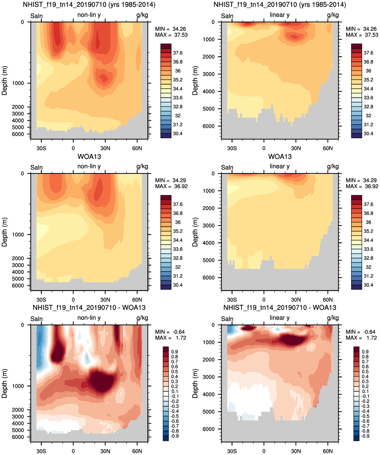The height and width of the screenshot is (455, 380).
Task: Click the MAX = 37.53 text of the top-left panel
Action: click(171, 35)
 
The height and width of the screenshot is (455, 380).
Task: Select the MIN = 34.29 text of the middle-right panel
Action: click(361, 180)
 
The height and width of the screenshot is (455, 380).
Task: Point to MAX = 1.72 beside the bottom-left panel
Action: click(170, 338)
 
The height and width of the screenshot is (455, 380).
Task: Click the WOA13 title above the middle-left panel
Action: click(89, 157)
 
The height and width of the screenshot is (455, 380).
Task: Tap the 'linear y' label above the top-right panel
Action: click(279, 15)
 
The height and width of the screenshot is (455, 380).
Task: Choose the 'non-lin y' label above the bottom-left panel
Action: click(89, 318)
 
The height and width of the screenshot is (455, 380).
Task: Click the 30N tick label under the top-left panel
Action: click(105, 148)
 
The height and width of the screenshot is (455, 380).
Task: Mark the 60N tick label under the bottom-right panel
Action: click(328, 451)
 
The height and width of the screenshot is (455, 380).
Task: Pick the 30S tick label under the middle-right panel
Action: click(232, 300)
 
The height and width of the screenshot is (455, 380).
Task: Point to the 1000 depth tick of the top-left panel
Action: click(18, 83)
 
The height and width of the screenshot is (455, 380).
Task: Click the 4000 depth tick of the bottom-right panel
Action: click(208, 394)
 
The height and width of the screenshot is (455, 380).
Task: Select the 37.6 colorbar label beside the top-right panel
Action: click(368, 53)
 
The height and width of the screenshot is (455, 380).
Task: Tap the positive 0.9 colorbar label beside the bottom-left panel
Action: click(175, 352)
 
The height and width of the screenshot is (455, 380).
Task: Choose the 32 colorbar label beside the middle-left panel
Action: click(178, 267)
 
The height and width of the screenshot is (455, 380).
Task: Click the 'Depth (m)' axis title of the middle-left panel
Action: click(4, 232)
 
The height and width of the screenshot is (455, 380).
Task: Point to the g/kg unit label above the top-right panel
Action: click(333, 15)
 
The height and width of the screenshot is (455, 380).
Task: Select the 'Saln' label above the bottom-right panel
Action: click(227, 319)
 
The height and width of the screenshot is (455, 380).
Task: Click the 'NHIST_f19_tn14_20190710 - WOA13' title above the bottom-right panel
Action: click(279, 307)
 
